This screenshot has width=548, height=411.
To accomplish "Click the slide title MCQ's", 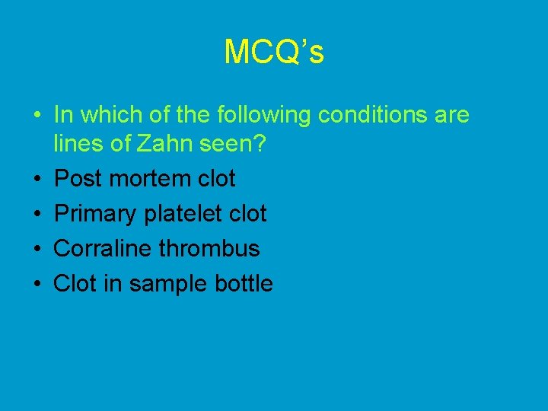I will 274,52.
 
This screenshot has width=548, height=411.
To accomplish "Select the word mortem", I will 150,179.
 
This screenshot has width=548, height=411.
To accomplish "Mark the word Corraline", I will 104,248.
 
